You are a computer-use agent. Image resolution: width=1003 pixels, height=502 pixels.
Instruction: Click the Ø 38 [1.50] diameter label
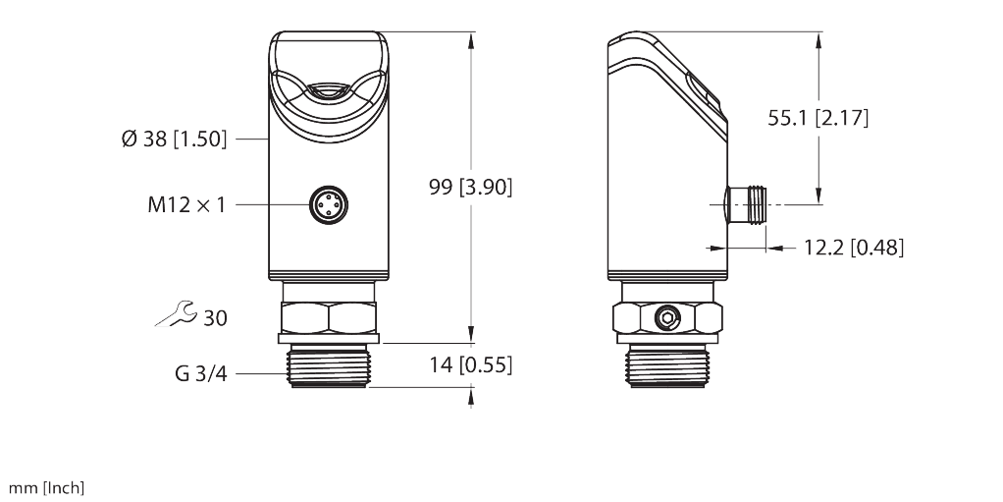(173, 139)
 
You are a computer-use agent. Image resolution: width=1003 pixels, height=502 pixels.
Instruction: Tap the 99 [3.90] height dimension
(471, 187)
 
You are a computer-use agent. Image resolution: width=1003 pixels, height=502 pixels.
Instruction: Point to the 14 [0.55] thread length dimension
(471, 365)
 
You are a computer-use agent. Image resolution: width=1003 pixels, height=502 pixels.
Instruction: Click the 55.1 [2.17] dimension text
(818, 118)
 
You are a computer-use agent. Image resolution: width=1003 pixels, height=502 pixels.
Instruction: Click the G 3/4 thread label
(200, 373)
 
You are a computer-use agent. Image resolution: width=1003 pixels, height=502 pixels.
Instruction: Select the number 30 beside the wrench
(215, 318)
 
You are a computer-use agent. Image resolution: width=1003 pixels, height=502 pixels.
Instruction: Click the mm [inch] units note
(47, 488)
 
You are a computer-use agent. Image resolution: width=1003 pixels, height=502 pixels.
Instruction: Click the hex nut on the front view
(327, 317)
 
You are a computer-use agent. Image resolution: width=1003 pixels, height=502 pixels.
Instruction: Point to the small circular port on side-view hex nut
(668, 317)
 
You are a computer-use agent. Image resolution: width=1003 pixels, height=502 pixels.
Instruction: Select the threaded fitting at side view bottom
(668, 367)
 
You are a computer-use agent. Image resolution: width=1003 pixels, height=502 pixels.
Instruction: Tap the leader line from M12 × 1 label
(270, 204)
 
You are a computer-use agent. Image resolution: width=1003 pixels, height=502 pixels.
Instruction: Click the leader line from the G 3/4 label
(260, 373)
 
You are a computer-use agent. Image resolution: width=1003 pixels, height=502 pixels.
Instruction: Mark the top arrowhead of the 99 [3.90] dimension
(472, 39)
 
